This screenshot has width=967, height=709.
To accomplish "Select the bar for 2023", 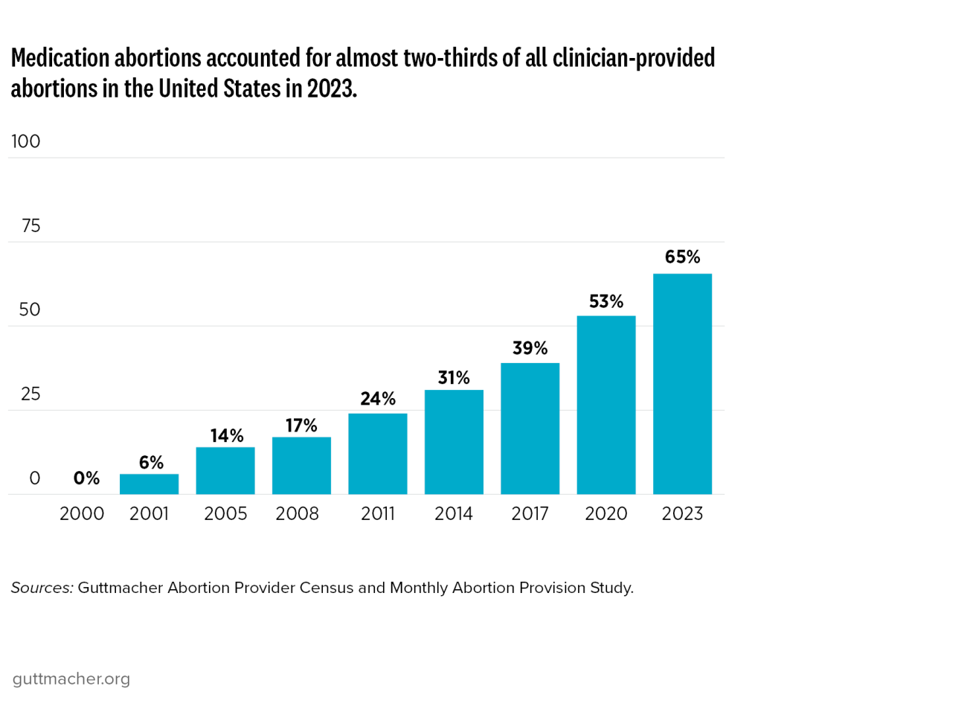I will click(682, 384).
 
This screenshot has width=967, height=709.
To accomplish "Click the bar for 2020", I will click(606, 405).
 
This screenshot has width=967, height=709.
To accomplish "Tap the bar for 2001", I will click(149, 484).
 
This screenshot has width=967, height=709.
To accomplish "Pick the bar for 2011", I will click(378, 454).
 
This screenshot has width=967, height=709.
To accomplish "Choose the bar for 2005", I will click(225, 470).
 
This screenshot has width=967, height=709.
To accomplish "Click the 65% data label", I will click(682, 257).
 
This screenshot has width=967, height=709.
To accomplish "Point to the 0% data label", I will click(86, 478).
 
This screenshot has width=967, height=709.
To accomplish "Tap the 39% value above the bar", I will click(530, 348).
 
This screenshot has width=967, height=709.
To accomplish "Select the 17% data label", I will click(301, 426).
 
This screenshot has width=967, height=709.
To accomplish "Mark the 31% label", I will click(454, 378).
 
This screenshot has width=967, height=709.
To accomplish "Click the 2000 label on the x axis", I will click(82, 513).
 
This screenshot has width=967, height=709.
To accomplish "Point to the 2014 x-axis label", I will click(454, 513).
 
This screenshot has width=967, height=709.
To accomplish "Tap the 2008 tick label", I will click(298, 513).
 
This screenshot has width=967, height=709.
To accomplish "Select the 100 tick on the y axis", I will click(26, 141).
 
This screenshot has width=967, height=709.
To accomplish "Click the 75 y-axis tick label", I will click(31, 226).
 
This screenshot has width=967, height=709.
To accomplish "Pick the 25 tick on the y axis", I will click(30, 394).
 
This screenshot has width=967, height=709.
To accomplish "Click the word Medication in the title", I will click(60, 58).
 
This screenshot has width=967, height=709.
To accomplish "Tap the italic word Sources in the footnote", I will click(42, 588).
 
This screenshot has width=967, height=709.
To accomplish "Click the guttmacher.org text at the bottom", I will click(71, 678).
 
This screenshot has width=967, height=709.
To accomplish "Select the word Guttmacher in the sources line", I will click(120, 588).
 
